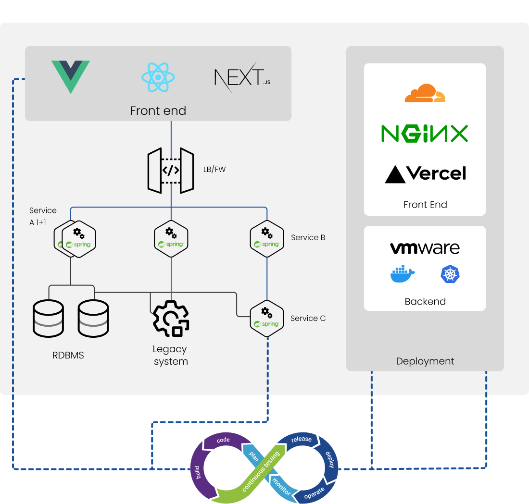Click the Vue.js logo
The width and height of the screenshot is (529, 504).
(71, 76)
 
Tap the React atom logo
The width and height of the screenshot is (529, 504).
(158, 77)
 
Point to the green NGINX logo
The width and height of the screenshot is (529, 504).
(425, 134)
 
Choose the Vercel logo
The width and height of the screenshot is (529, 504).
(425, 173)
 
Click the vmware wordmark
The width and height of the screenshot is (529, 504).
(425, 248)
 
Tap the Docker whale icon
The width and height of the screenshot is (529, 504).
(402, 274)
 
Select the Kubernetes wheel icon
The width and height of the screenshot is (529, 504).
(450, 274)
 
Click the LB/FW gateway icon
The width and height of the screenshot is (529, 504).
(171, 171)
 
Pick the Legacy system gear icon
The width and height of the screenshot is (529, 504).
(171, 319)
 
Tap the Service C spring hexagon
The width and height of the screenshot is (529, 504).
(266, 318)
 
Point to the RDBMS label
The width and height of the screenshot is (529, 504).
(68, 356)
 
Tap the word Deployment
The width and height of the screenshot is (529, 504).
(425, 361)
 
